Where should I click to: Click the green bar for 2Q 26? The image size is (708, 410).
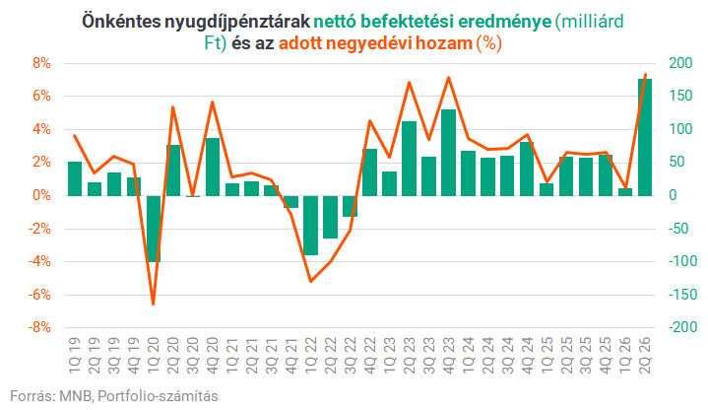pyautogui.click(x=645, y=137)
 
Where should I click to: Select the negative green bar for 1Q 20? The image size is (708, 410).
pyautogui.click(x=154, y=229)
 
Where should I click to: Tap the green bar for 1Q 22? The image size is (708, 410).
pyautogui.click(x=310, y=225)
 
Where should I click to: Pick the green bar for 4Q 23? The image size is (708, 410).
pyautogui.click(x=448, y=153)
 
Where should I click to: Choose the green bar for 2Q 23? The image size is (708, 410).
pyautogui.click(x=409, y=159)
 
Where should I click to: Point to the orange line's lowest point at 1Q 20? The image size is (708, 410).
pyautogui.click(x=153, y=305)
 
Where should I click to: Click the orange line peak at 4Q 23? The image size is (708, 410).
pyautogui.click(x=448, y=77)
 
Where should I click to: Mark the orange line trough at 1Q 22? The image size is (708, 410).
pyautogui.click(x=310, y=282)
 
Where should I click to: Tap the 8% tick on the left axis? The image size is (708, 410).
pyautogui.click(x=41, y=63)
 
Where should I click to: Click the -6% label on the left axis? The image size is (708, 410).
pyautogui.click(x=39, y=295)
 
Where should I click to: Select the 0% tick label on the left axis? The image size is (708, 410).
pyautogui.click(x=41, y=196)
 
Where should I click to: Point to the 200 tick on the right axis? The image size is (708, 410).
pyautogui.click(x=680, y=63)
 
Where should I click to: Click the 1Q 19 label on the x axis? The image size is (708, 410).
pyautogui.click(x=75, y=356)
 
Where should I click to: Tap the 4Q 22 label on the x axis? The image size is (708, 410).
pyautogui.click(x=370, y=356)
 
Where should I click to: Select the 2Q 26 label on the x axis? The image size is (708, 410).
pyautogui.click(x=645, y=356)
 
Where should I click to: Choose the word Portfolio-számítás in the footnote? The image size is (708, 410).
pyautogui.click(x=158, y=396)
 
